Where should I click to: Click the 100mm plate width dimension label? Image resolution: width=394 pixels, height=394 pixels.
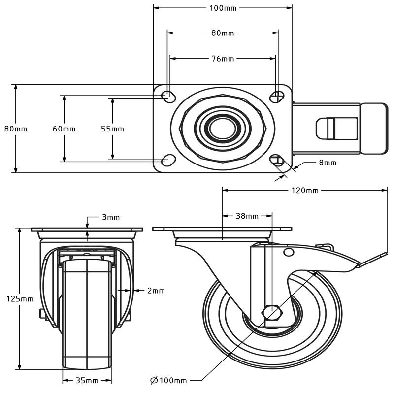pyautogui.click(x=223, y=8)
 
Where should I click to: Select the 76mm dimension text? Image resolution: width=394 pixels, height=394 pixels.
pyautogui.click(x=223, y=59)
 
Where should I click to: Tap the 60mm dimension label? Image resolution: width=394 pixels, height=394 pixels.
pyautogui.click(x=64, y=129)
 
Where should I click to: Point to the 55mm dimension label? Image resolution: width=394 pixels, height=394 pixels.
pyautogui.click(x=112, y=129)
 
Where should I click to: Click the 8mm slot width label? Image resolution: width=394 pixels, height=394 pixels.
pyautogui.click(x=328, y=163)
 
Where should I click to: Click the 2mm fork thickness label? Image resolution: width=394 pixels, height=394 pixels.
pyautogui.click(x=156, y=291)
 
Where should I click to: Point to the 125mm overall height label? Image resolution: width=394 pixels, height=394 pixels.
pyautogui.click(x=19, y=299)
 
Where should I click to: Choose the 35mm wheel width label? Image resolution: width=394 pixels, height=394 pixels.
pyautogui.click(x=87, y=380)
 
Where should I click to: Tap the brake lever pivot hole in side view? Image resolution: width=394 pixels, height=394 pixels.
pyautogui.click(x=288, y=252)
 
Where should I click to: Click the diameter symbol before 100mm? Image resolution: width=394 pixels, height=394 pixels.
pyautogui.click(x=153, y=380)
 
